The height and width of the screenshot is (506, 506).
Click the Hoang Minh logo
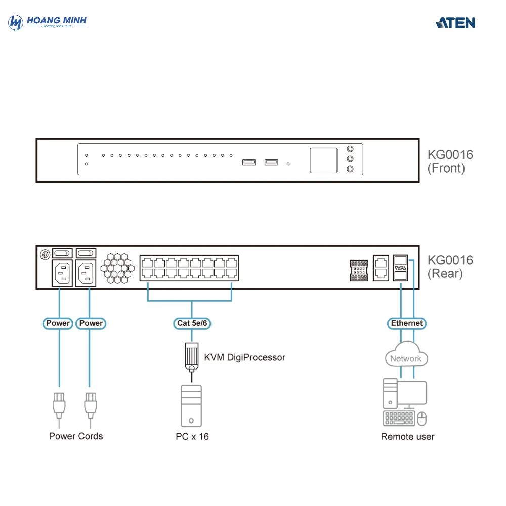48,22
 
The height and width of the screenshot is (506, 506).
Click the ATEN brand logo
455,23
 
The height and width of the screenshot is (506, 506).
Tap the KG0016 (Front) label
450,161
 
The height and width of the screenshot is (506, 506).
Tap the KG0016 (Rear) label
450,267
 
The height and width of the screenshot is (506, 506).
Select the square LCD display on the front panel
323,160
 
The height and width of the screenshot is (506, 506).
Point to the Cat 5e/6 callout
192,323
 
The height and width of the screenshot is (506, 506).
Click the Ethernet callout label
407,323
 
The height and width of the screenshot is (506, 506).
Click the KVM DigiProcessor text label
245,357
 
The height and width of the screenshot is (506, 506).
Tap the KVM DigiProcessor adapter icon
191,356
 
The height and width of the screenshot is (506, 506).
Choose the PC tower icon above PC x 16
191,406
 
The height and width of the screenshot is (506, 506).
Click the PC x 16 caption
192,436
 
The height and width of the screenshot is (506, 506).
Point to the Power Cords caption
76,436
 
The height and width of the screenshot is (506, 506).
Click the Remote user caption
407,436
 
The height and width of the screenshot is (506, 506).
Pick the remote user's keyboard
400,418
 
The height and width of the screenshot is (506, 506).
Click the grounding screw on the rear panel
45,253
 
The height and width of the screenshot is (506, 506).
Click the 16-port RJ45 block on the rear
189,268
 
